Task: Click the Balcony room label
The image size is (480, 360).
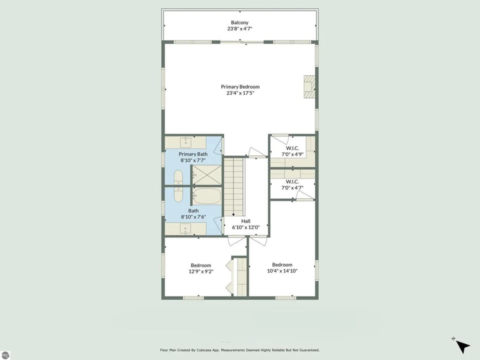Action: click(x=239, y=22)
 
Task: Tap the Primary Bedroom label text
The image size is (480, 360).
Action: click(x=240, y=86)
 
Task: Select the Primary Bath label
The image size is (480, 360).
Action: click(x=193, y=154)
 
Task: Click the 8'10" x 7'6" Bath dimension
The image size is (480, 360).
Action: click(x=193, y=217)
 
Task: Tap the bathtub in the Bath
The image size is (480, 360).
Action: click(x=206, y=195)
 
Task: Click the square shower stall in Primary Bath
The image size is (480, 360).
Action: click(x=206, y=174)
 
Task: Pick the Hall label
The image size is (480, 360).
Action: click(x=245, y=220)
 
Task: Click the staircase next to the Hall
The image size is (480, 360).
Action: click(x=233, y=185)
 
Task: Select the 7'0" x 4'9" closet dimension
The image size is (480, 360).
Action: click(x=292, y=154)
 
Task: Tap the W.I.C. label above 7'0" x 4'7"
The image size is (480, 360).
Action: click(x=292, y=181)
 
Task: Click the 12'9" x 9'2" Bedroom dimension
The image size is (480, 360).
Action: click(x=200, y=271)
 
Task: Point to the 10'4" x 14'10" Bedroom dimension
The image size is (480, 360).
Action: click(x=282, y=271)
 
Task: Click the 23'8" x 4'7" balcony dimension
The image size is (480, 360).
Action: click(x=239, y=29)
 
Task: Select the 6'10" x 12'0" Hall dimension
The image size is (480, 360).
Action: click(x=245, y=227)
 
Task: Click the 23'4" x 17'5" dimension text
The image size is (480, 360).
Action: click(x=240, y=93)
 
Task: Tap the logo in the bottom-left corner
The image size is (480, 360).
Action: click(x=5, y=355)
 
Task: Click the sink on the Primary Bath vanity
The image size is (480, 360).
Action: click(x=186, y=141)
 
